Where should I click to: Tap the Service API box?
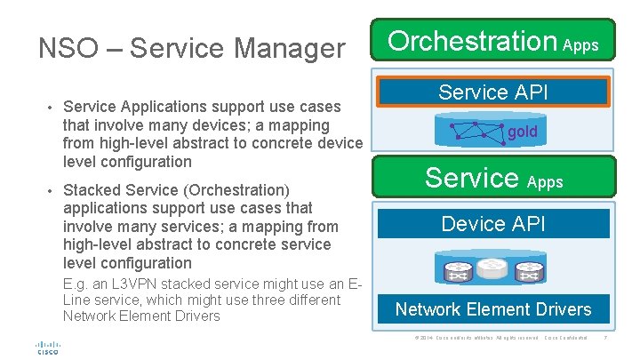(492, 92)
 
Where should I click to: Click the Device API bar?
(492, 224)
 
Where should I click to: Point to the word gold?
(523, 132)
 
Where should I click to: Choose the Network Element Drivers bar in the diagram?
(492, 309)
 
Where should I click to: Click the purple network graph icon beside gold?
(476, 132)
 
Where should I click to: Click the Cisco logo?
(47, 347)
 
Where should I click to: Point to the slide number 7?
(604, 338)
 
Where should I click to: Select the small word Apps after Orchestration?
(581, 45)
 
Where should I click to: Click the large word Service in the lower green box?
(472, 178)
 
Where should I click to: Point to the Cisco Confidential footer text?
(565, 338)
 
